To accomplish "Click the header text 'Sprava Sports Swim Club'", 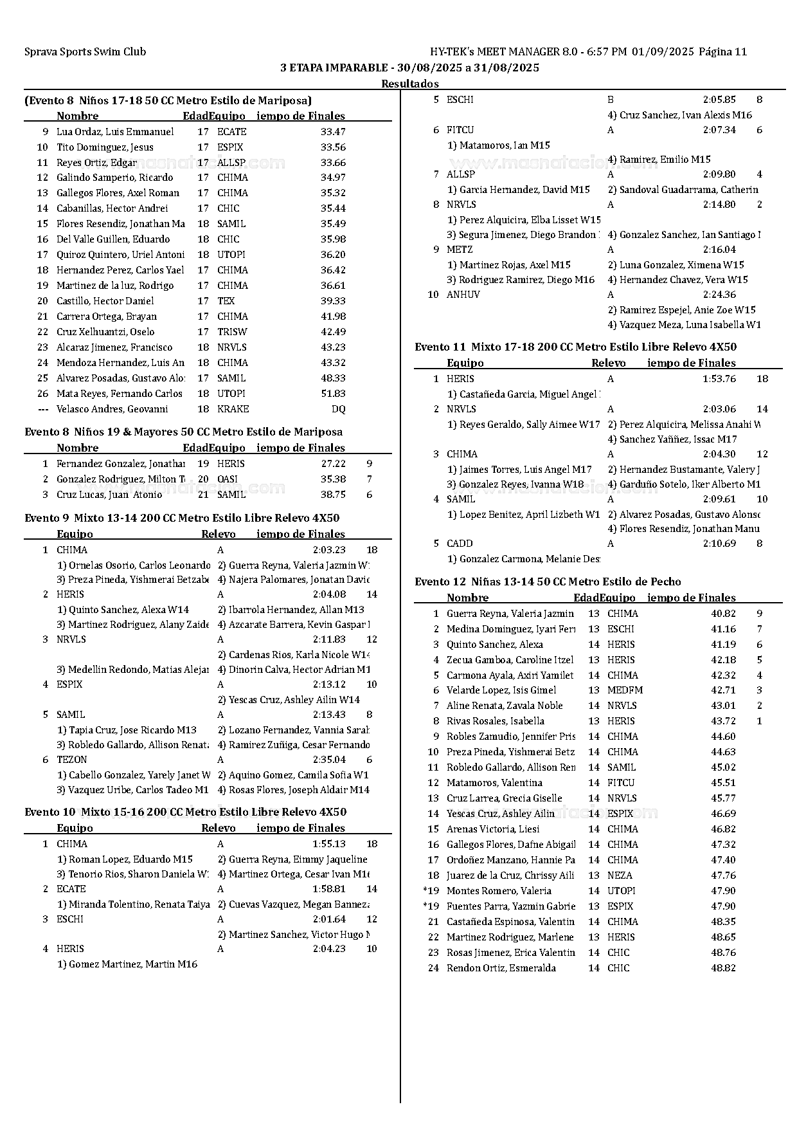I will tap(85, 52).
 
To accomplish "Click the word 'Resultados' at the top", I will tap(409, 84).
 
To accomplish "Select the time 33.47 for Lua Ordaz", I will tap(333, 132).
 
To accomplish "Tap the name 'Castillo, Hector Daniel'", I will tap(105, 301).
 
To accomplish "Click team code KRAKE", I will tap(233, 409).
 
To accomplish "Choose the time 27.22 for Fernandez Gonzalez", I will tap(333, 464).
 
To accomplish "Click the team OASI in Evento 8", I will tap(227, 479).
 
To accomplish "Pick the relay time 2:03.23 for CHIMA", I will tap(329, 550).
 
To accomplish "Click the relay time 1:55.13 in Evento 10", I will tap(329, 844).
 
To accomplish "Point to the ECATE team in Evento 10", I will tap(71, 889).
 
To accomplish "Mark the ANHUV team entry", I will tap(463, 295).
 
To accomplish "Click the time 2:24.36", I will tap(719, 295).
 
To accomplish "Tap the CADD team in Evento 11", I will tap(459, 544).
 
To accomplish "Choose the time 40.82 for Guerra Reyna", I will tap(723, 614).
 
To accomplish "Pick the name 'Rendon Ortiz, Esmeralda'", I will tap(501, 968).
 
